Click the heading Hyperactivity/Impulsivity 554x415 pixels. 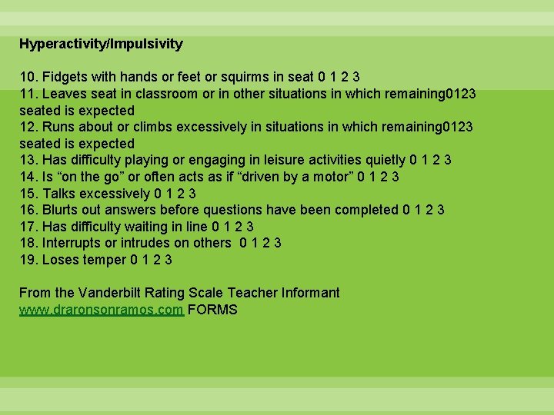pyautogui.click(x=101, y=44)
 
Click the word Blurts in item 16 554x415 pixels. pyautogui.click(x=62, y=210)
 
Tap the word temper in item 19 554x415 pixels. pyautogui.click(x=106, y=260)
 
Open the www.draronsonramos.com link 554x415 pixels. pyautogui.click(x=101, y=310)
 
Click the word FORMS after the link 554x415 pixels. pyautogui.click(x=212, y=310)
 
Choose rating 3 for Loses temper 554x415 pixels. pyautogui.click(x=169, y=260)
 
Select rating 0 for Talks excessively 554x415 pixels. pyautogui.click(x=158, y=194)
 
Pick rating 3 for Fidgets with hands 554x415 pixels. pyautogui.click(x=356, y=77)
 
